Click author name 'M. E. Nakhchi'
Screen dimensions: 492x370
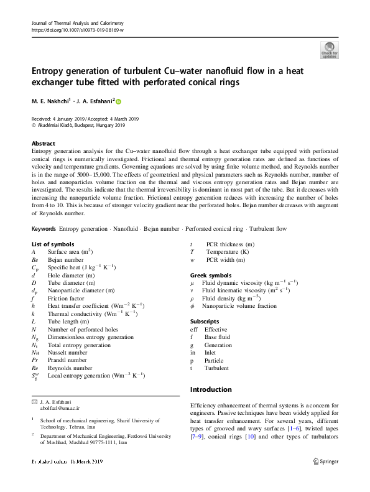55,101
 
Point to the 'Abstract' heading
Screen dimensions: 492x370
43,142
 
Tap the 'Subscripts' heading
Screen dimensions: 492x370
204,321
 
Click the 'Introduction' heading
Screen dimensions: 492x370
210,389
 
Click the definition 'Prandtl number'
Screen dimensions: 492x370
68,360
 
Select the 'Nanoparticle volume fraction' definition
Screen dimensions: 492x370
239,306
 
